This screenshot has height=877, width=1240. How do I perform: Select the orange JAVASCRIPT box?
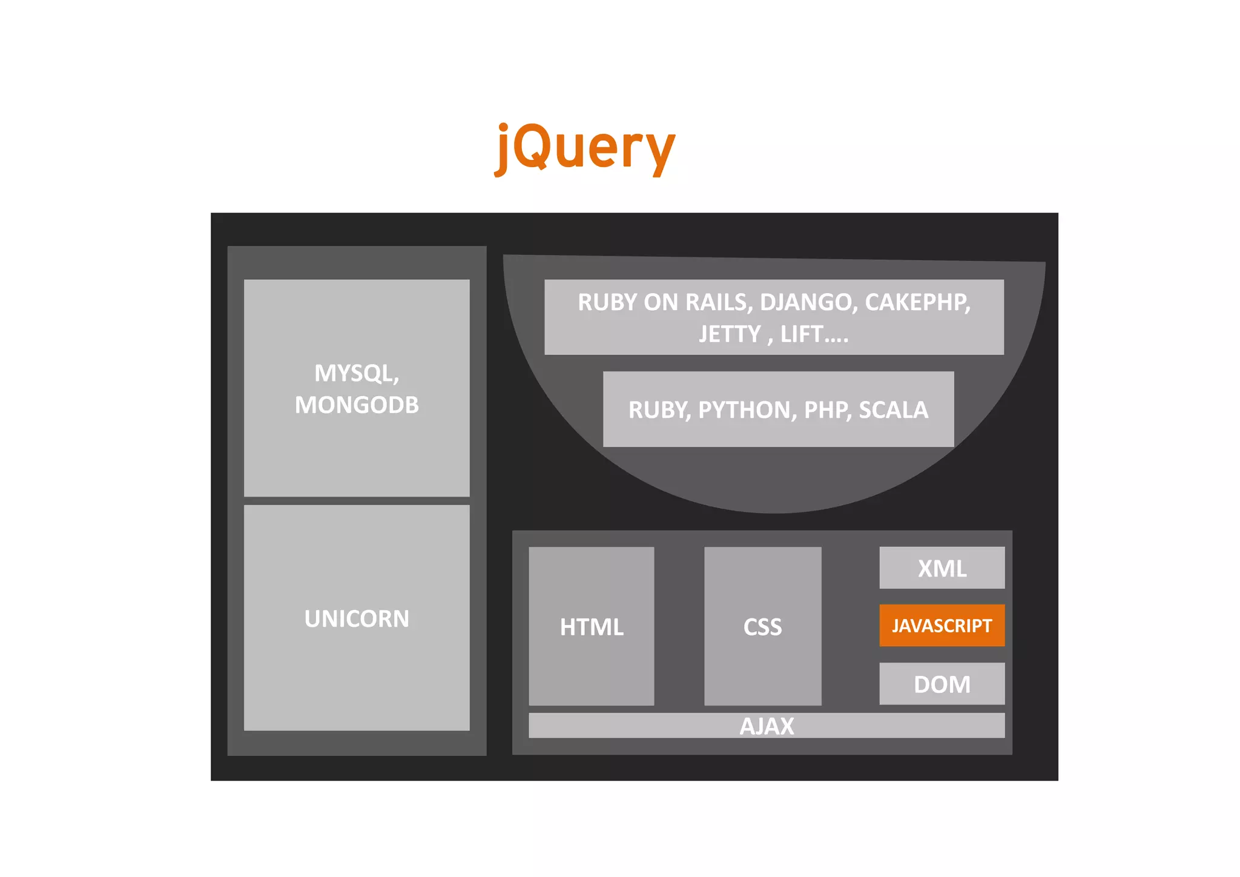point(942,625)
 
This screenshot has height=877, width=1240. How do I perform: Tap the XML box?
point(942,568)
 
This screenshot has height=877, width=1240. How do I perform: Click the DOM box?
point(942,684)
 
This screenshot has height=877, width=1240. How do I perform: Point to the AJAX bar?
point(767,726)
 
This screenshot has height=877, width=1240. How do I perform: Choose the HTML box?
point(591,627)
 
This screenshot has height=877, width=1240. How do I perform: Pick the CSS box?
point(762,627)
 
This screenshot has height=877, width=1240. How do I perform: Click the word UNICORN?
point(357,618)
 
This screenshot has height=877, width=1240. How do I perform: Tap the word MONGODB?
point(357,405)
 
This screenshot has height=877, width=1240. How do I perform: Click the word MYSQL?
point(355,373)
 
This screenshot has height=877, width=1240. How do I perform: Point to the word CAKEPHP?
point(917,302)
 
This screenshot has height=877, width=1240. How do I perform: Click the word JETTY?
point(730,334)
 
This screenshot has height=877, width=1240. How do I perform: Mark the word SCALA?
point(893,410)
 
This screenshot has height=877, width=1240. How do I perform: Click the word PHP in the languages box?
point(826,410)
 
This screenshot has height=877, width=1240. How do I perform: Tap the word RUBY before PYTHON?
point(658,410)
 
